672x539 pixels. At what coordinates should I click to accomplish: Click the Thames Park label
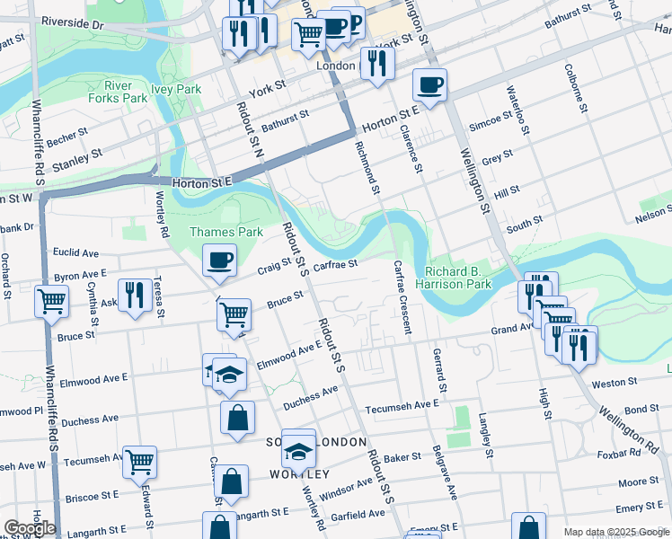(x=213, y=233)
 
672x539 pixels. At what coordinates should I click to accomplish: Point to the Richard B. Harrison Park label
(x=459, y=277)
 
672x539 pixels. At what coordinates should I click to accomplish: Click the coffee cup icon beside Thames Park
(x=220, y=261)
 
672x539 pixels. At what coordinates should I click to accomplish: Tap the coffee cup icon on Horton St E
(x=429, y=85)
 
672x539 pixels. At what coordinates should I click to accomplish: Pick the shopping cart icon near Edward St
(x=140, y=462)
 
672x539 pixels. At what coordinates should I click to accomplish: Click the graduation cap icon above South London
(x=298, y=446)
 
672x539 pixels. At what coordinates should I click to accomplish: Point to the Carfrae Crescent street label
(x=401, y=296)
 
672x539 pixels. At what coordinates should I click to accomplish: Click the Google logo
(x=30, y=528)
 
